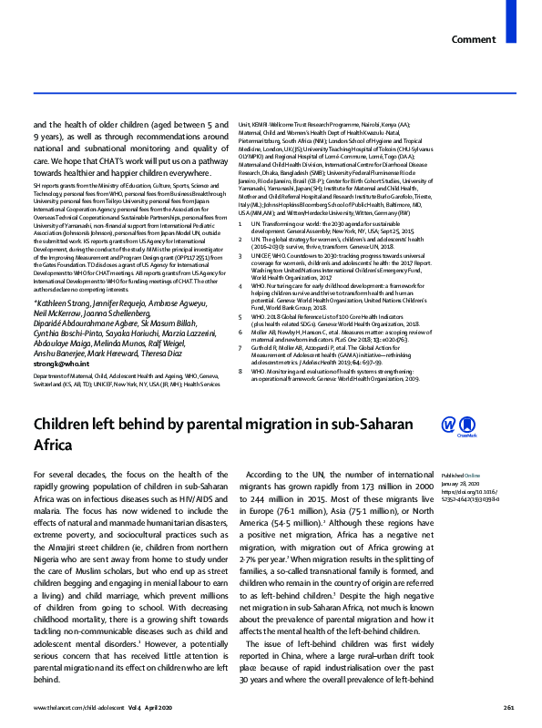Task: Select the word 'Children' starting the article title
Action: click(x=68, y=426)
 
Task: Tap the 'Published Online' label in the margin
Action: click(x=459, y=477)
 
